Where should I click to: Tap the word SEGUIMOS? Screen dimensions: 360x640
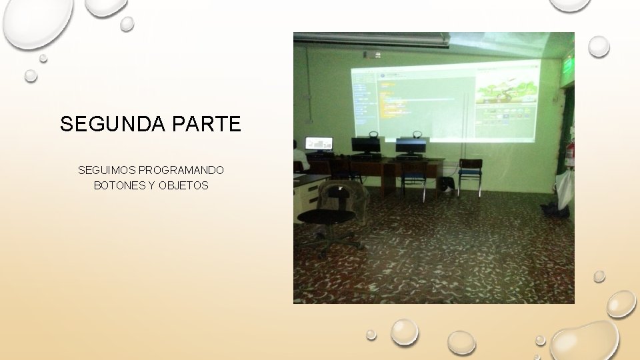tap(107, 171)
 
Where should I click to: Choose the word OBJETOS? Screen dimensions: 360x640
tap(183, 185)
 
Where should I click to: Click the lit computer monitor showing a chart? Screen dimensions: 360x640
tap(319, 143)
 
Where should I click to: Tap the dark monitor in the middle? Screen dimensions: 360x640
tap(365, 145)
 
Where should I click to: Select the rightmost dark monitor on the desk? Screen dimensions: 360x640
tap(411, 145)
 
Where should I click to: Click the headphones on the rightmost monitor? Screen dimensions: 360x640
tap(418, 135)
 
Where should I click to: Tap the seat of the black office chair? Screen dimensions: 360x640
tap(325, 217)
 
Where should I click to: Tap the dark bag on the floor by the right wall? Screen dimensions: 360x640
tap(555, 210)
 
